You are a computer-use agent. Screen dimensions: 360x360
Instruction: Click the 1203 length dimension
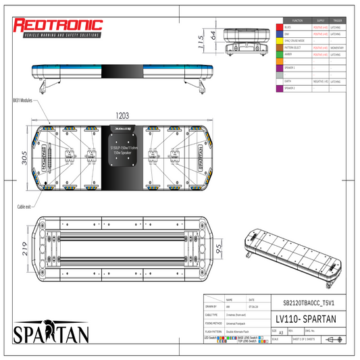(x=122, y=116)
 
